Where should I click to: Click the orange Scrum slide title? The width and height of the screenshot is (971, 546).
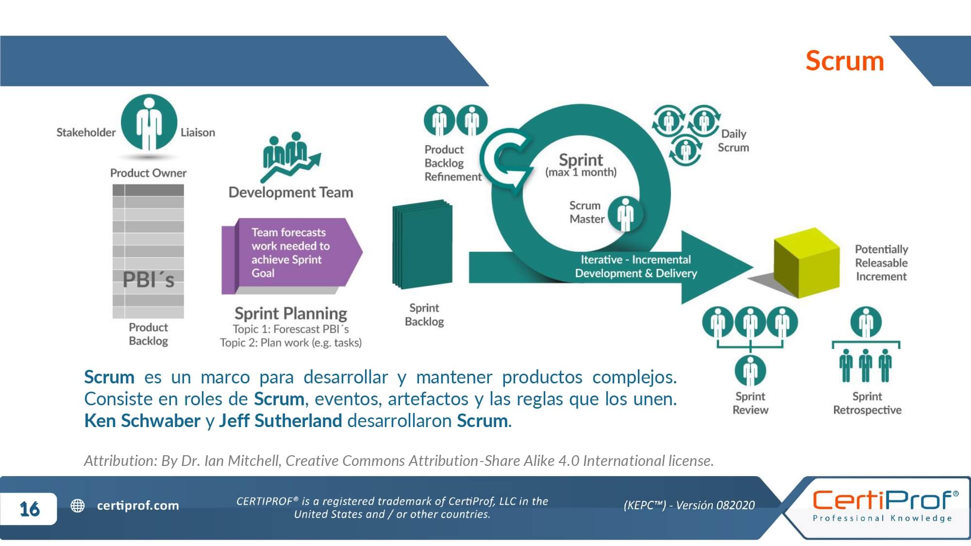click(x=844, y=61)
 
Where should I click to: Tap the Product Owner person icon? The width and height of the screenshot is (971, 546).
click(x=149, y=123)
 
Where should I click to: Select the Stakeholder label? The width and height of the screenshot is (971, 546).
click(x=86, y=132)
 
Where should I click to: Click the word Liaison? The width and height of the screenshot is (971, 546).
click(x=198, y=132)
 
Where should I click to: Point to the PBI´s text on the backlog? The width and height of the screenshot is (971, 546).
click(x=148, y=280)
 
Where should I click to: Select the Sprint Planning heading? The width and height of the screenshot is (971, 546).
click(x=291, y=314)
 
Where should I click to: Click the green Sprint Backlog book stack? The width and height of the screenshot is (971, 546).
click(x=423, y=244)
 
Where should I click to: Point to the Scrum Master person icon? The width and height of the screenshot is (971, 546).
click(x=626, y=214)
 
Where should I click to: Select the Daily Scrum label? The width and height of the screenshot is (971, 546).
click(x=733, y=141)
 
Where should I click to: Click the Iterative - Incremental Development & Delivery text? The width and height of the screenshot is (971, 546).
click(x=636, y=266)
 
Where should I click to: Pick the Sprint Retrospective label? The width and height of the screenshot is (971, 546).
click(x=867, y=403)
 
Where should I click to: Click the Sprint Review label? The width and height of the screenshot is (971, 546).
click(x=750, y=403)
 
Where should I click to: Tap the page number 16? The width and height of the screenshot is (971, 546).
click(x=29, y=509)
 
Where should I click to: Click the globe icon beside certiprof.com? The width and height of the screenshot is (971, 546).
click(x=78, y=506)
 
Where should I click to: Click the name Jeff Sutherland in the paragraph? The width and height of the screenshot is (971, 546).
click(x=280, y=421)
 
